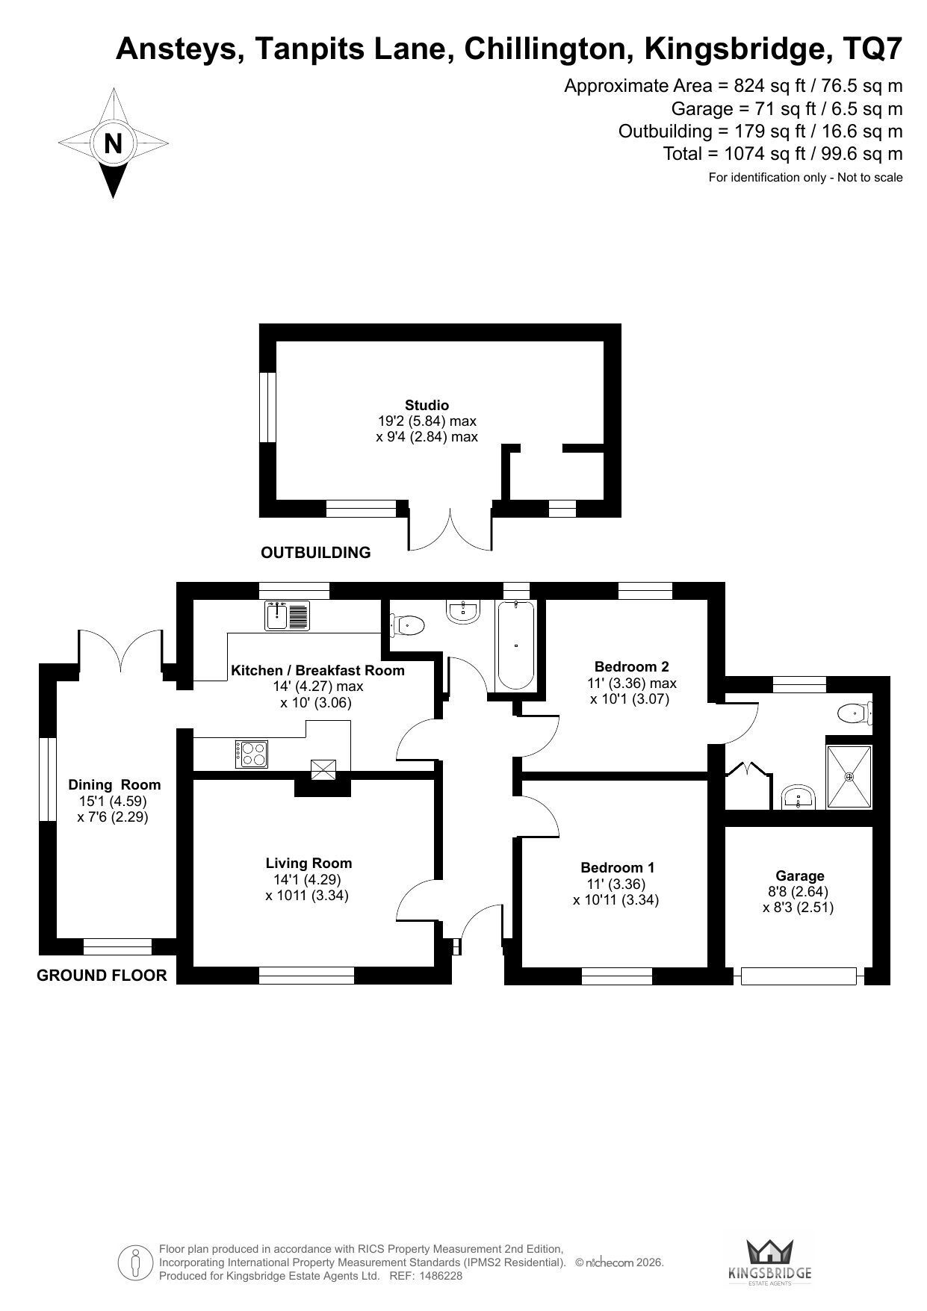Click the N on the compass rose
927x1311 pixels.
[113, 143]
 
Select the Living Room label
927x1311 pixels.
[309, 863]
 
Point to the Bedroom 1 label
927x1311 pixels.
[618, 867]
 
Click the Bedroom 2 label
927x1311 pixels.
[632, 666]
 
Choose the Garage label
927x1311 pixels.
[800, 875]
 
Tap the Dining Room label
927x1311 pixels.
[114, 784]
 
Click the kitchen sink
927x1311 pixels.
[288, 616]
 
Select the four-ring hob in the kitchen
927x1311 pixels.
[252, 753]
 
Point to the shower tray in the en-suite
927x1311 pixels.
[849, 776]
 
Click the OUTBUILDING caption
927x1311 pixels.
[315, 553]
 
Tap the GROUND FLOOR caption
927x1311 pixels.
[102, 976]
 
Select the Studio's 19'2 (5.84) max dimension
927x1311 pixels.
[427, 421]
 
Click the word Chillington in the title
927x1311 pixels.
[545, 49]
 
